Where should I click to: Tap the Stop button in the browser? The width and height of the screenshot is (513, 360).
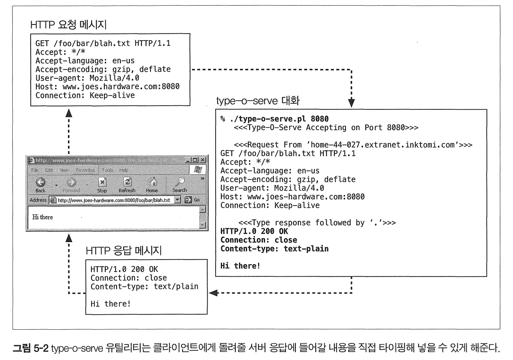(102, 183)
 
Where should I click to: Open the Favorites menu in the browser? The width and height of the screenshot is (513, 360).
(86, 169)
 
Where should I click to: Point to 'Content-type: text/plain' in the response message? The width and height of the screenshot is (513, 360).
(144, 286)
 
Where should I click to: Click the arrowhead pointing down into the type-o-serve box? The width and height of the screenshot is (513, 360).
(352, 101)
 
